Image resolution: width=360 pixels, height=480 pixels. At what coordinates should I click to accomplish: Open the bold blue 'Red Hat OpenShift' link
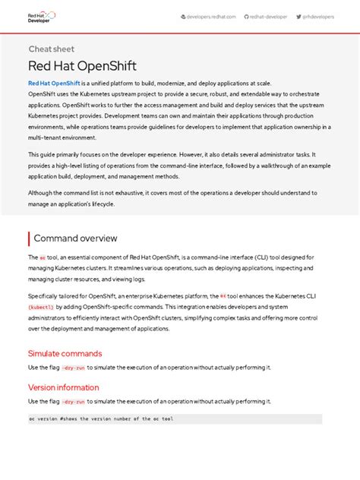tap(55, 83)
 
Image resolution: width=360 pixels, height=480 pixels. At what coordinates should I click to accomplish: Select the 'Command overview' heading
tap(75, 238)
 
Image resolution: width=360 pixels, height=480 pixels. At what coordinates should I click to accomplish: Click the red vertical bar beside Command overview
tap(29, 238)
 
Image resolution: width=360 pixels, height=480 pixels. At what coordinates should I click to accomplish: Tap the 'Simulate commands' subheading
tap(65, 353)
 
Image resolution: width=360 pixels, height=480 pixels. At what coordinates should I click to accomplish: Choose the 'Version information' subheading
tap(63, 387)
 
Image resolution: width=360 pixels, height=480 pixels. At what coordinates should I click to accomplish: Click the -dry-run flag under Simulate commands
tap(74, 368)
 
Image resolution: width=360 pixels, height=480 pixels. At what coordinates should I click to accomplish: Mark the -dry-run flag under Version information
tap(74, 401)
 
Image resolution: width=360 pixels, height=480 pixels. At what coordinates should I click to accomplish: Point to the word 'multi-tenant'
tap(48, 138)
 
